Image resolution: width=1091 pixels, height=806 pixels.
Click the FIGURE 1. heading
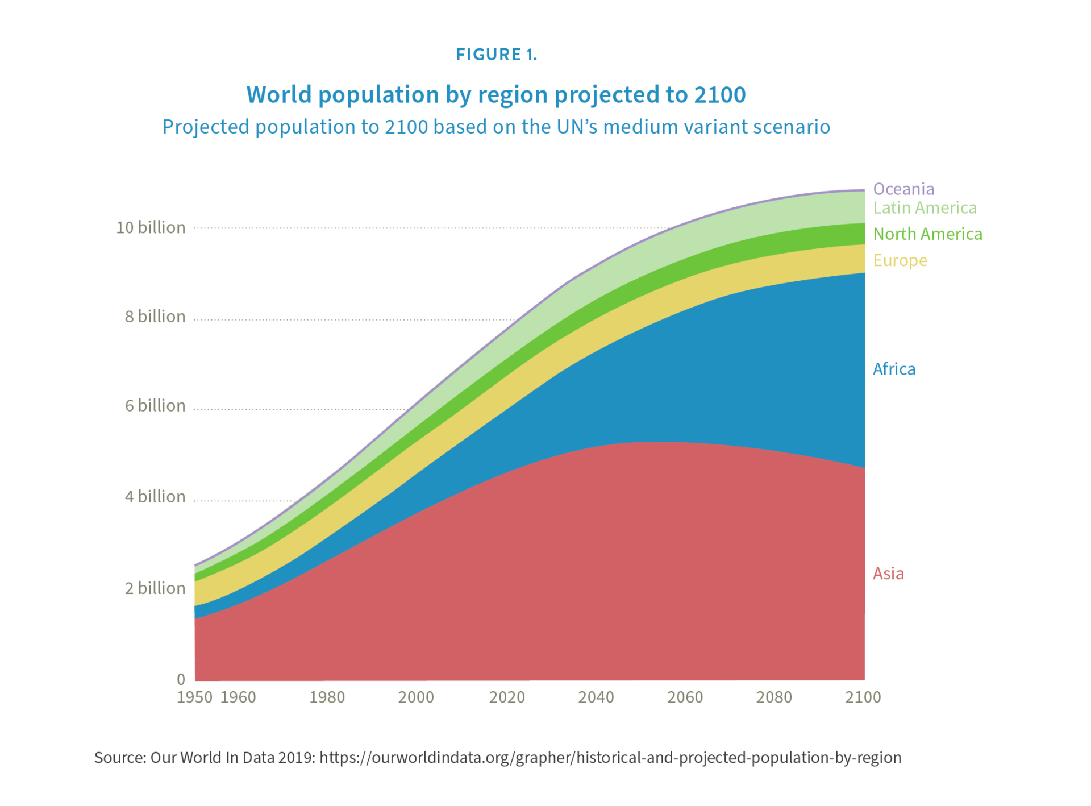click(496, 55)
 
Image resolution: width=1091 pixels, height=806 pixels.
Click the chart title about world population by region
click(495, 94)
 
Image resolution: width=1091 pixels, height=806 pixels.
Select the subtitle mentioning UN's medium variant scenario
click(495, 127)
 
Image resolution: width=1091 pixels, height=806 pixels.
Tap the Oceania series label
click(903, 189)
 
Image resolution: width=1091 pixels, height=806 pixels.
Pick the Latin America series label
click(925, 208)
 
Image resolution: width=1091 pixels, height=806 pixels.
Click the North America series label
click(927, 234)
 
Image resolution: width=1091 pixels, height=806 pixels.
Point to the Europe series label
click(900, 260)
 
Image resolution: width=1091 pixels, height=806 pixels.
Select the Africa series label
click(894, 369)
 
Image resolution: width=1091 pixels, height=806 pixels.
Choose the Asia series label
click(888, 574)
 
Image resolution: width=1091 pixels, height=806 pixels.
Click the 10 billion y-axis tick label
click(151, 228)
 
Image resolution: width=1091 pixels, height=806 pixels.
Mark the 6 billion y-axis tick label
click(155, 406)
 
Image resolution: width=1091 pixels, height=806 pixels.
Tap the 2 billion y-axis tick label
click(155, 588)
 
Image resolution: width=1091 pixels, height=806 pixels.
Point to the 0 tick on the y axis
click(181, 679)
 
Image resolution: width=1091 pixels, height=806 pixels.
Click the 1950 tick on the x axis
click(194, 697)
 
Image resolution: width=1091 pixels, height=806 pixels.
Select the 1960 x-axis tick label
click(238, 697)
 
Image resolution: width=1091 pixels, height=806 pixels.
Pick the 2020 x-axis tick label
click(507, 697)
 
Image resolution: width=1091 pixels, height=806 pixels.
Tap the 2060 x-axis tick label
click(685, 697)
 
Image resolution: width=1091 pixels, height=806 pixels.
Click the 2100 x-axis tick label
click(863, 697)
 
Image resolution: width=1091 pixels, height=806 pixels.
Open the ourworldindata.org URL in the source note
click(610, 758)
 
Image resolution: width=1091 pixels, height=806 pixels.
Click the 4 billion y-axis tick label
click(155, 497)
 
